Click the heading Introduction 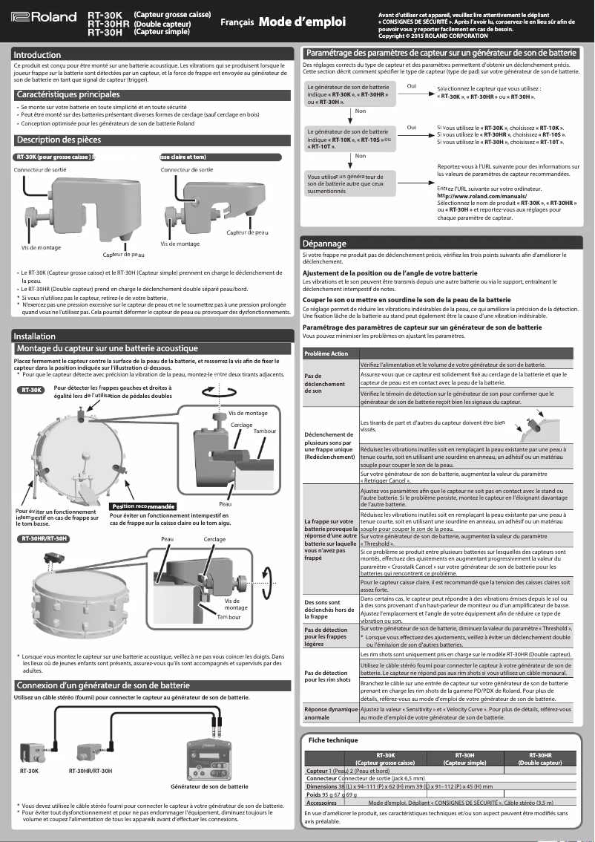pos(37,55)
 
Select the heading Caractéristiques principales pos(68,95)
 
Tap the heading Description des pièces pos(59,140)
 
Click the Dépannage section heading pos(324,244)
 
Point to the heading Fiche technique pos(333,740)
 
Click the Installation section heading pos(35,336)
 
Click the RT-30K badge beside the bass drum pos(32,389)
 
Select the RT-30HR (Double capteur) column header pos(539,758)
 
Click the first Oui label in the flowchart pos(412,86)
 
